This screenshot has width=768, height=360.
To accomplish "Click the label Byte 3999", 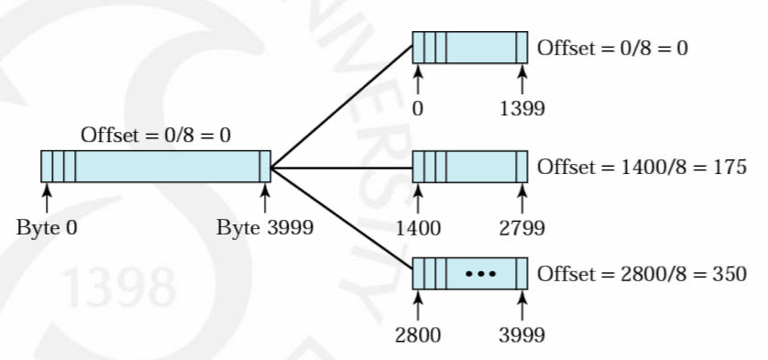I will [x=264, y=228].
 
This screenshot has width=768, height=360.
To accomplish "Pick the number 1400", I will [x=418, y=228].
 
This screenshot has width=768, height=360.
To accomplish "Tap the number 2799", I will [x=522, y=228].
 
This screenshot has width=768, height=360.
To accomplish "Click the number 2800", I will [x=418, y=333].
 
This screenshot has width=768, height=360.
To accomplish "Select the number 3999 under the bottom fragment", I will [x=522, y=333].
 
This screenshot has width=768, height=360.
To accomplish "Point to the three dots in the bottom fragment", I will [x=482, y=274].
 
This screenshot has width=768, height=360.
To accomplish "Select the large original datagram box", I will [x=156, y=167].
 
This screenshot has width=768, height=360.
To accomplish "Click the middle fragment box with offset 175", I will [x=470, y=168].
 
